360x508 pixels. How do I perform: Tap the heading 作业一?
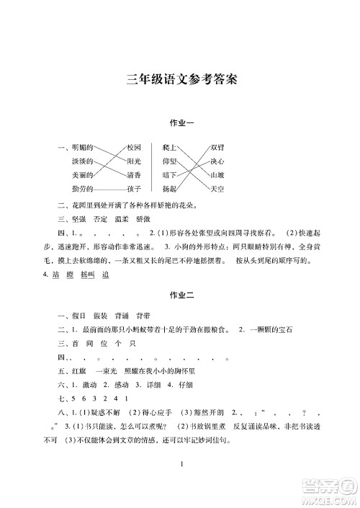tap(180, 125)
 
